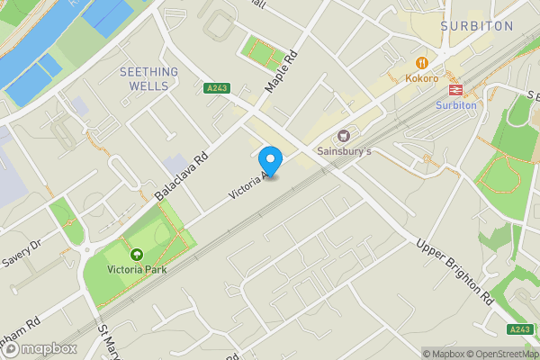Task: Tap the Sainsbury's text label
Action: [346, 153]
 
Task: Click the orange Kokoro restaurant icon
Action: [420, 62]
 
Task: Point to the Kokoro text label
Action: [421, 78]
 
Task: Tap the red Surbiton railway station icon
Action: [455, 89]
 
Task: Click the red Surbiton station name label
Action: [455, 104]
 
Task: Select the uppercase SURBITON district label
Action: [477, 26]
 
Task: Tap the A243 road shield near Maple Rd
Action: [215, 88]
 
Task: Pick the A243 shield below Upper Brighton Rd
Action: [519, 330]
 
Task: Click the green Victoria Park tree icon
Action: [137, 256]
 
